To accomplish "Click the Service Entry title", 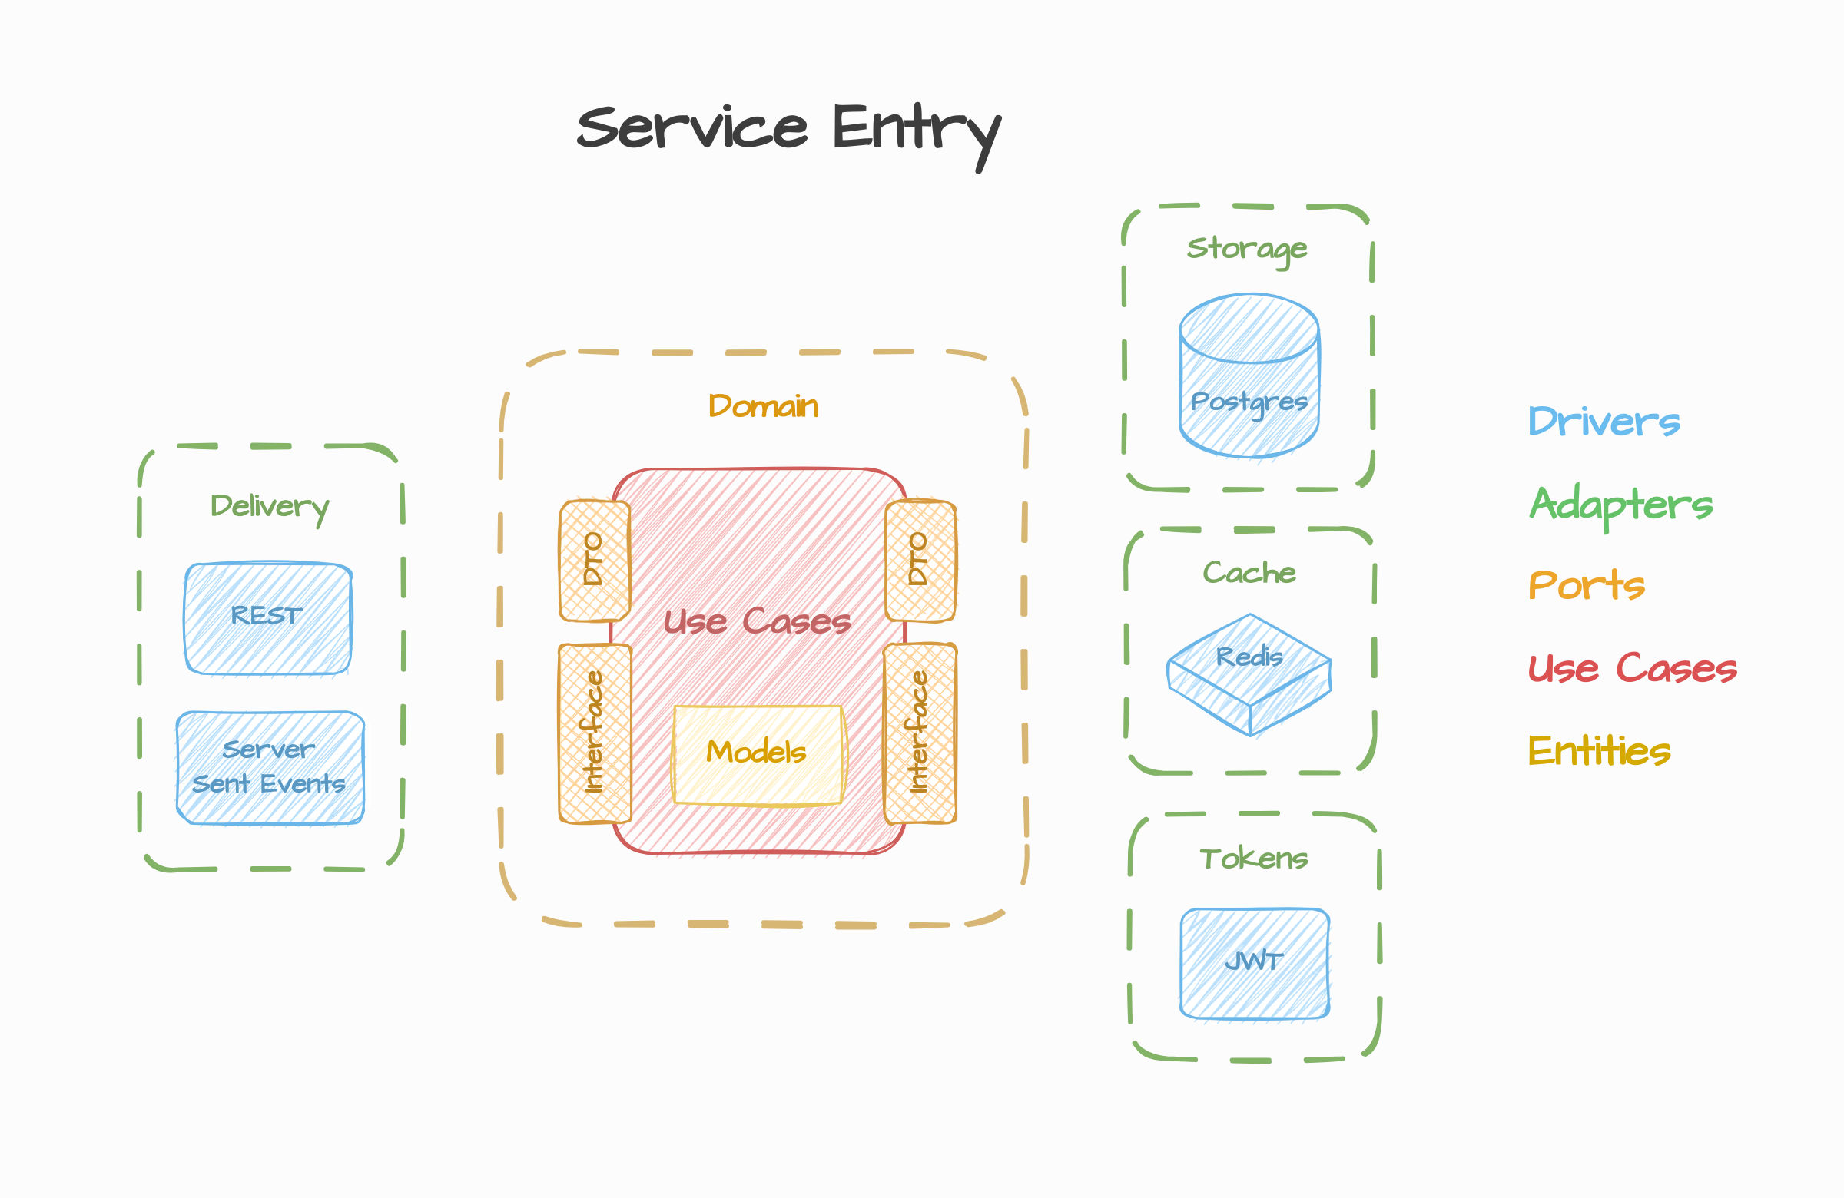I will pyautogui.click(x=789, y=130).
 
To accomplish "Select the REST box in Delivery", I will pyautogui.click(x=267, y=618).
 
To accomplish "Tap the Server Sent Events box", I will pyautogui.click(x=270, y=767).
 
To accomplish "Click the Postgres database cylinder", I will pyautogui.click(x=1249, y=376).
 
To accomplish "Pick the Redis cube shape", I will pyautogui.click(x=1249, y=673).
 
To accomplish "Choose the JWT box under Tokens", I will pyautogui.click(x=1255, y=962).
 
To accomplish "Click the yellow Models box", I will pyautogui.click(x=758, y=754).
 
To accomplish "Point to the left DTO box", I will pyautogui.click(x=594, y=560).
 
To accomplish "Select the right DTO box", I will pyautogui.click(x=920, y=560).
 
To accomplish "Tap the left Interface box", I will pyautogui.click(x=594, y=733).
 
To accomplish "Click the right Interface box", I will pyautogui.click(x=920, y=733).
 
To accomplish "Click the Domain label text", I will pyautogui.click(x=763, y=406).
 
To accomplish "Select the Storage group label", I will pyautogui.click(x=1248, y=249).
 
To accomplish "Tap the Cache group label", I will pyautogui.click(x=1249, y=573).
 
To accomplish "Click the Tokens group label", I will pyautogui.click(x=1254, y=859).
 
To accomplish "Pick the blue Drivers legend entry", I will pyautogui.click(x=1604, y=422).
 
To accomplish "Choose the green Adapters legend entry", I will pyautogui.click(x=1621, y=505).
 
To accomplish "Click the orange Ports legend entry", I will pyautogui.click(x=1586, y=585).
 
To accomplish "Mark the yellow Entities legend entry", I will pyautogui.click(x=1599, y=750).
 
